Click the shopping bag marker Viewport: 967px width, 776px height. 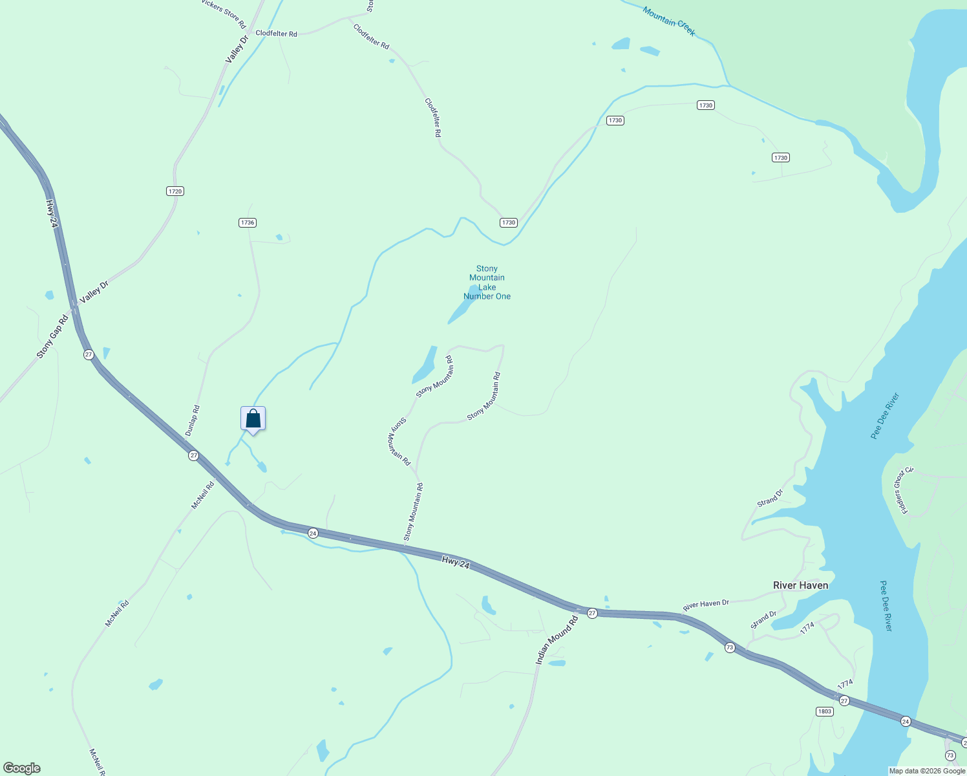(253, 419)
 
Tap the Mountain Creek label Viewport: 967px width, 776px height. (669, 21)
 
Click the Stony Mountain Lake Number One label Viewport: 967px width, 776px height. (487, 283)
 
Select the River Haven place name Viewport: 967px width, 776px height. (800, 585)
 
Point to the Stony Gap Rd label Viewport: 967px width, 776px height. (52, 337)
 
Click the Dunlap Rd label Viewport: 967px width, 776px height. (193, 420)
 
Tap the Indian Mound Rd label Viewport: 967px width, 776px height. (557, 641)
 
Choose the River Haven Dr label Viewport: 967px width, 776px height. (706, 605)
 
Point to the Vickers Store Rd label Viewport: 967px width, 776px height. (224, 14)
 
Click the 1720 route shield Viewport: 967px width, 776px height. (175, 191)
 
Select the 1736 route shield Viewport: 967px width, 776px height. (248, 222)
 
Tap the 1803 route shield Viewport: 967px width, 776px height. (824, 711)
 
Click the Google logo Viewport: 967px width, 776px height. (22, 768)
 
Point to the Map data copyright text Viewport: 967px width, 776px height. (927, 771)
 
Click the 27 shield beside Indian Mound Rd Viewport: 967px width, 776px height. (592, 613)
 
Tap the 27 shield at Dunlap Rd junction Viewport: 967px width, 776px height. (193, 456)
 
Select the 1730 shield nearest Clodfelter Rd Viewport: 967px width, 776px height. (509, 222)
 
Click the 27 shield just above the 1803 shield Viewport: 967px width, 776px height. (844, 700)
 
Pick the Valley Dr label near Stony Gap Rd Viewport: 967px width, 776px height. (94, 288)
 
